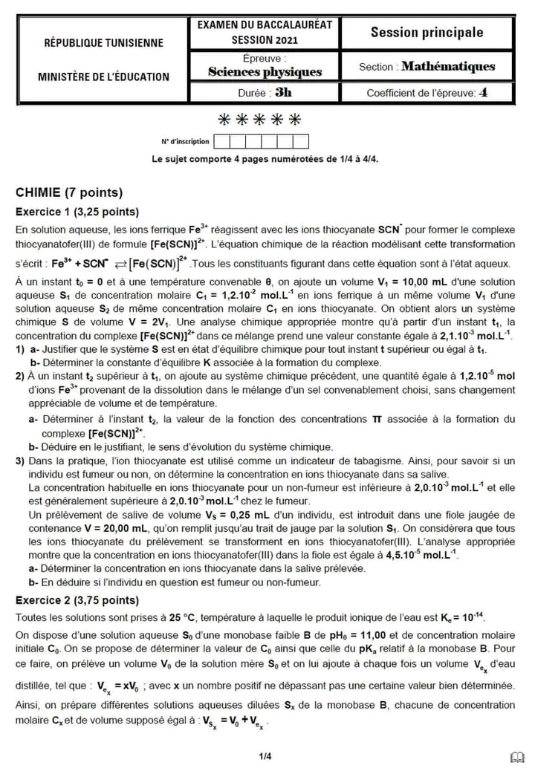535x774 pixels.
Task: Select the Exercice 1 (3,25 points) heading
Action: (x=77, y=211)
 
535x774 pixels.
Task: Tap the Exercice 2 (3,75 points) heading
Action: (x=77, y=599)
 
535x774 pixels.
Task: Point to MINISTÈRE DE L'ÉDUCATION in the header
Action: (x=104, y=77)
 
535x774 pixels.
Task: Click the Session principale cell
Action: (x=427, y=33)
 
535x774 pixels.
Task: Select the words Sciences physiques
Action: (x=265, y=72)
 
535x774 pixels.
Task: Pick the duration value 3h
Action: (x=283, y=93)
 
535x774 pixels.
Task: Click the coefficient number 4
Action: (x=484, y=93)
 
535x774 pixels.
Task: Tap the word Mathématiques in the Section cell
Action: (x=448, y=67)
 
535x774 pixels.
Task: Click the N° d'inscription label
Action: (x=185, y=141)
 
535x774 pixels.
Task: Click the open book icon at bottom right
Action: (x=517, y=757)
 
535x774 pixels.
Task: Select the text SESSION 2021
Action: (x=265, y=39)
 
